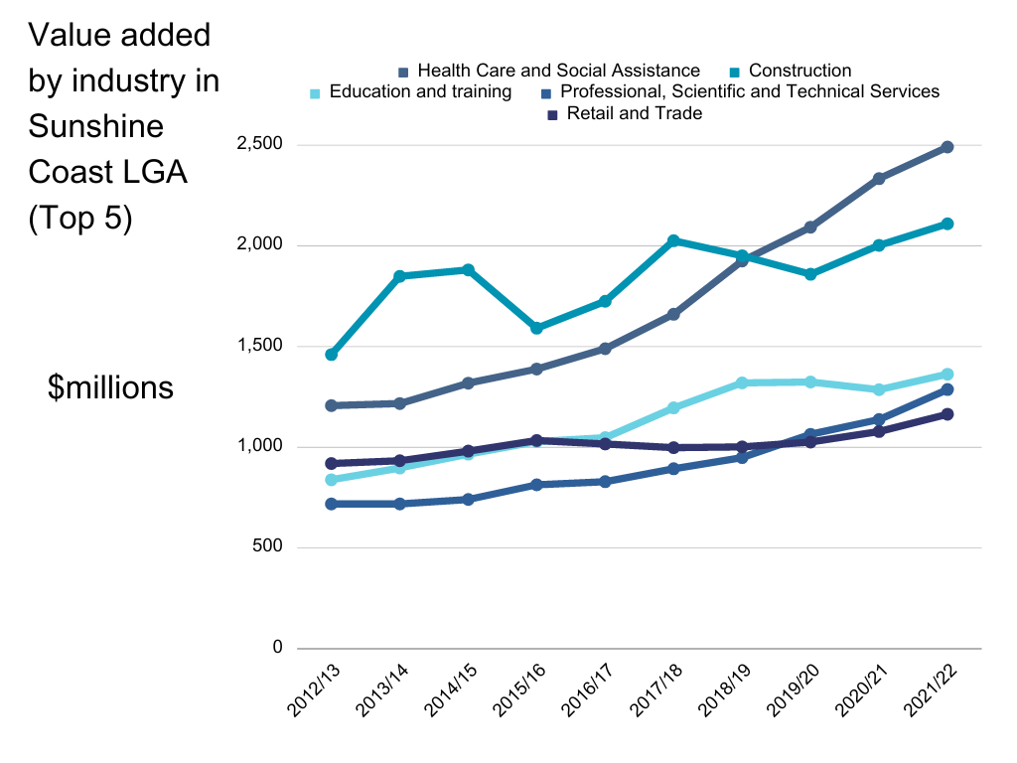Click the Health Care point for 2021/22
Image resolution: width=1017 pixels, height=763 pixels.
pos(947,147)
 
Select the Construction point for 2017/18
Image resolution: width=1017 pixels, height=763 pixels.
pos(673,240)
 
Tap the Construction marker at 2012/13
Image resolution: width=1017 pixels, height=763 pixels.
pos(332,355)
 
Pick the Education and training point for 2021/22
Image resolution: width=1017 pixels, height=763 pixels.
pos(947,375)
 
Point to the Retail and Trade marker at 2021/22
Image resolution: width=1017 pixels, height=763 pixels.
pos(947,414)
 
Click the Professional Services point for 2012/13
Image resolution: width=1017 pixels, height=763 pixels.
pos(332,504)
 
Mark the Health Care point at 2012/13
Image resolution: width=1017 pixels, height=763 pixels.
pos(332,405)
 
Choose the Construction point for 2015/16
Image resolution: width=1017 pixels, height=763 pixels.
pos(536,328)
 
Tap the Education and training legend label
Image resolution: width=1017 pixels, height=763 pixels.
pos(420,92)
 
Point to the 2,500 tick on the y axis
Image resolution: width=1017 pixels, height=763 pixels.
pos(260,145)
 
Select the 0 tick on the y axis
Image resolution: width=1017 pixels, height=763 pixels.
pos(277,648)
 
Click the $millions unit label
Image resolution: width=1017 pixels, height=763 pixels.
pos(110,387)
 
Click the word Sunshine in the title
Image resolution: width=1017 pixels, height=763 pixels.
pos(96,126)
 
